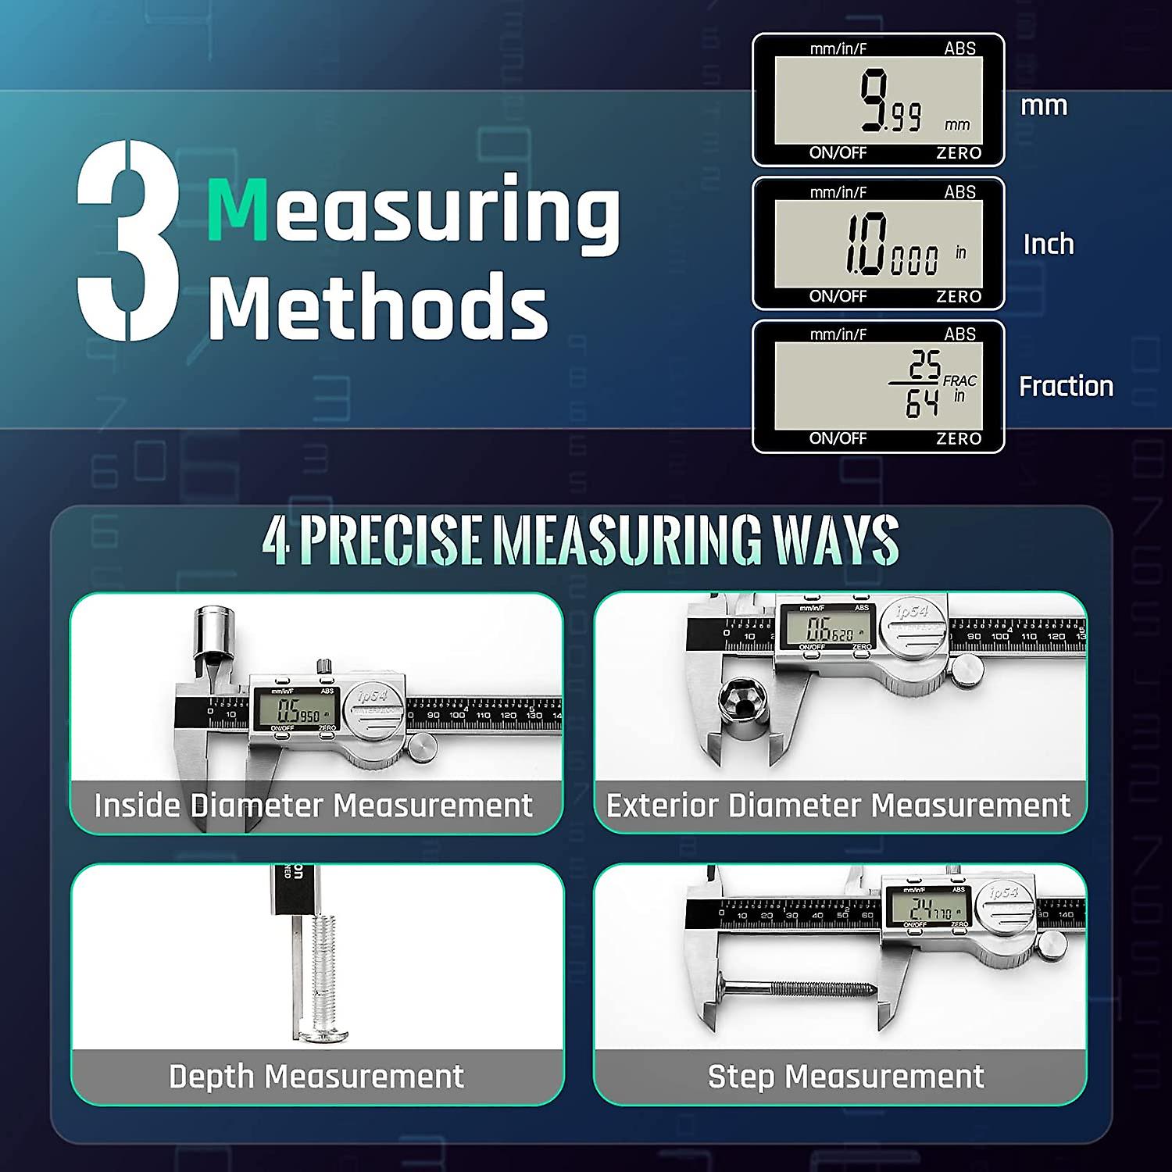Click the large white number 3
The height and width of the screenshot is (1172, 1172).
click(129, 241)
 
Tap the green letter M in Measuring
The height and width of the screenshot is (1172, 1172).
click(238, 209)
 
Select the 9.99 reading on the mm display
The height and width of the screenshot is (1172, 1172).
click(891, 102)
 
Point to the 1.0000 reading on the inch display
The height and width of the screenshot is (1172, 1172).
click(891, 245)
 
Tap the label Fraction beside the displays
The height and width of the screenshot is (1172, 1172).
click(1066, 386)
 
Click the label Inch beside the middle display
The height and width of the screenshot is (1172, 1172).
click(1049, 245)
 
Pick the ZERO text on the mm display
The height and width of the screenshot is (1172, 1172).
click(959, 153)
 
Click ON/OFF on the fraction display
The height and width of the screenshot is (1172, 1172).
click(838, 438)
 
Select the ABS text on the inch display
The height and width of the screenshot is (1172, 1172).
click(959, 192)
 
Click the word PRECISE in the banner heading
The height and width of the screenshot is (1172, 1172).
click(390, 540)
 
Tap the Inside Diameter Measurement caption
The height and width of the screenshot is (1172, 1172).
click(313, 806)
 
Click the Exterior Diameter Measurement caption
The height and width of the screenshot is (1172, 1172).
click(838, 806)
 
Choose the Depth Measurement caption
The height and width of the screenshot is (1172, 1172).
click(316, 1077)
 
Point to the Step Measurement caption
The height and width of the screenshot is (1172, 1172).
click(845, 1077)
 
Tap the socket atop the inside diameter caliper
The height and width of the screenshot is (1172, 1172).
click(210, 633)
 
